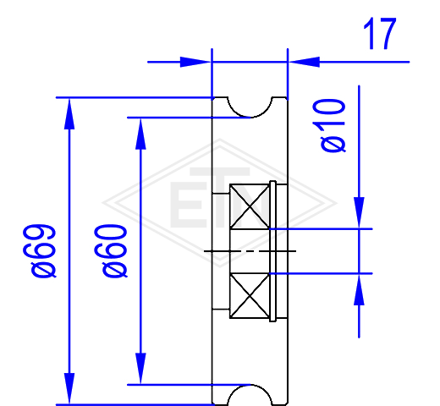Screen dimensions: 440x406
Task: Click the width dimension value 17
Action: pos(380,34)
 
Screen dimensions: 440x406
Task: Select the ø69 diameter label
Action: pos(40,251)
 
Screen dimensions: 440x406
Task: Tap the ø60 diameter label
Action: pos(111,251)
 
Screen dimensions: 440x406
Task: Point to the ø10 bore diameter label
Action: pos(329,126)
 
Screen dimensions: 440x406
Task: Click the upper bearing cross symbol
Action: pos(250,206)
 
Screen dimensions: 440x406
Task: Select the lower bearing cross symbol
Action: pos(250,296)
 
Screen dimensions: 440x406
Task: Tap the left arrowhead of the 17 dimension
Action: pos(195,62)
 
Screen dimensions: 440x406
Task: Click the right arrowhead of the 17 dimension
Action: pos(304,62)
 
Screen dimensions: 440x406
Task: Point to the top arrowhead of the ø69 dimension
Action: pos(69,113)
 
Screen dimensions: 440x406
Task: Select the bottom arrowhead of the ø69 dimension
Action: pos(69,388)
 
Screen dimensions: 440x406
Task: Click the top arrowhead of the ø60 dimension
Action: pos(140,134)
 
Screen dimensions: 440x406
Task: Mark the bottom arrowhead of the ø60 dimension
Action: pos(140,368)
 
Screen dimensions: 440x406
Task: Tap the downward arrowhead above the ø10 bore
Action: pos(359,213)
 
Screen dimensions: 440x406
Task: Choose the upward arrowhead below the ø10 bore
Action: pos(359,289)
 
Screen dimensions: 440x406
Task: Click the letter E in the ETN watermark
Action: pos(187,205)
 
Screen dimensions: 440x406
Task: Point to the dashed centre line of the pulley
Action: pos(250,250)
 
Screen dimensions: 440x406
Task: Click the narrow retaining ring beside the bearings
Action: pos(272,251)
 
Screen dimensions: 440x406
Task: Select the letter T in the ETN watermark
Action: pos(220,197)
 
